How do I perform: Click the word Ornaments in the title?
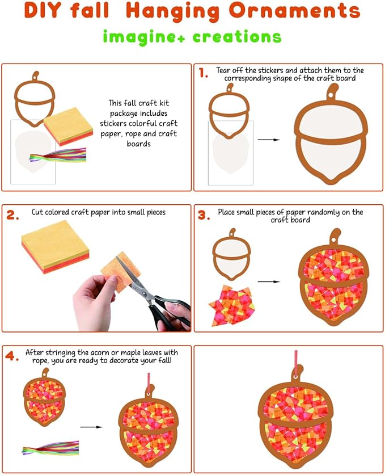[x=294, y=10]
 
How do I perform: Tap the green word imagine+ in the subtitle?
[x=144, y=37]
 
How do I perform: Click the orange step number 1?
[x=204, y=73]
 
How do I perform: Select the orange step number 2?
[x=12, y=215]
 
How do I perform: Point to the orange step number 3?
[x=204, y=215]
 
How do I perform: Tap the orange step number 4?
[x=12, y=356]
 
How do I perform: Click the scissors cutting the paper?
[x=153, y=294]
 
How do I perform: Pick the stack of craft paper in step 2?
[x=56, y=247]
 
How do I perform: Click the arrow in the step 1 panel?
[x=269, y=140]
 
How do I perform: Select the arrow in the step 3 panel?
[x=269, y=281]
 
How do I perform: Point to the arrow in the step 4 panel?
[x=91, y=427]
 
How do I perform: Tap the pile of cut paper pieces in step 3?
[x=231, y=305]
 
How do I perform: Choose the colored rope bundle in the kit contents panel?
[x=58, y=155]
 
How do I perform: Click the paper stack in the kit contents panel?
[x=69, y=127]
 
